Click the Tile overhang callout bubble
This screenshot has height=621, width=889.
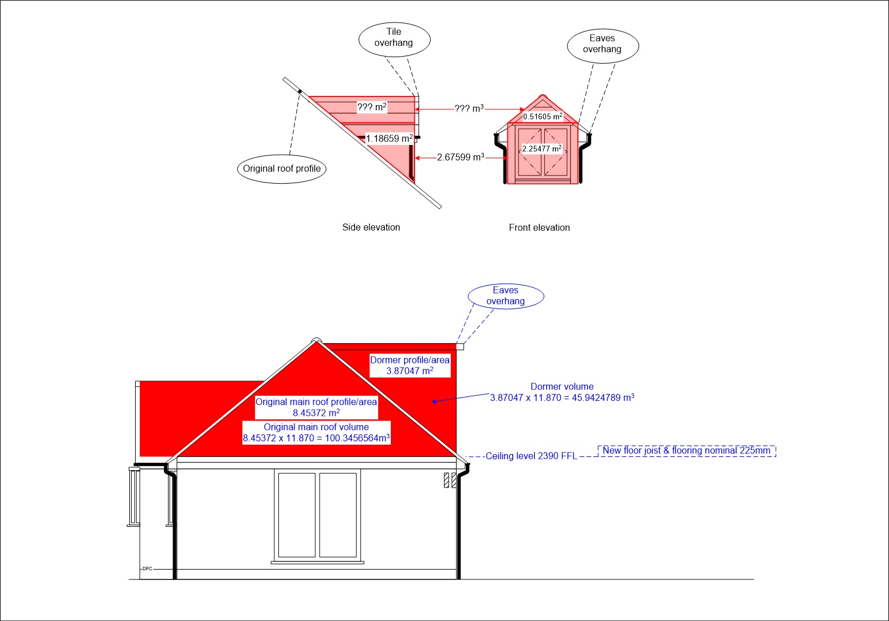coord(394,39)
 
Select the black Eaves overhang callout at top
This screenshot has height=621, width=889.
coord(603,46)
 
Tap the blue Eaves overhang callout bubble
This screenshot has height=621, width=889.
coord(506,296)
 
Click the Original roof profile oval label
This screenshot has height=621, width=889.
coord(282,169)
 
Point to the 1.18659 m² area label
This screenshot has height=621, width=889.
coord(389,139)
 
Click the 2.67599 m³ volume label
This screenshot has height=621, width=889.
coord(461,157)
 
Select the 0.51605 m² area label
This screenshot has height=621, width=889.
coord(543,116)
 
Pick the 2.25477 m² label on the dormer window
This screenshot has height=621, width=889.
coord(541,148)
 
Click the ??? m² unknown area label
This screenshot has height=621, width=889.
coord(372,107)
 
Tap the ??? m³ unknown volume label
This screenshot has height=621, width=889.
coord(469,109)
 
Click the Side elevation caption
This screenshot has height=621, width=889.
coord(371,228)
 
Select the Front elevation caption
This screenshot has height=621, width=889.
coord(539,228)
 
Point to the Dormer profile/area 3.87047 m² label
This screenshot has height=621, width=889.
coord(410,365)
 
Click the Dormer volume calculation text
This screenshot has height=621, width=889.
coord(562,392)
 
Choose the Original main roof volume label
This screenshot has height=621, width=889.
coord(316,433)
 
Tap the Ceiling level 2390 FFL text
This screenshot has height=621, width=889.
coord(531,456)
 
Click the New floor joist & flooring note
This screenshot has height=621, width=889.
coord(686,451)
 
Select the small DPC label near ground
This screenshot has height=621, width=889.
coord(147,568)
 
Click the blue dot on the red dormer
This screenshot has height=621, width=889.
coord(435,401)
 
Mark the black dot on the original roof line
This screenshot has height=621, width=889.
coord(300,92)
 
